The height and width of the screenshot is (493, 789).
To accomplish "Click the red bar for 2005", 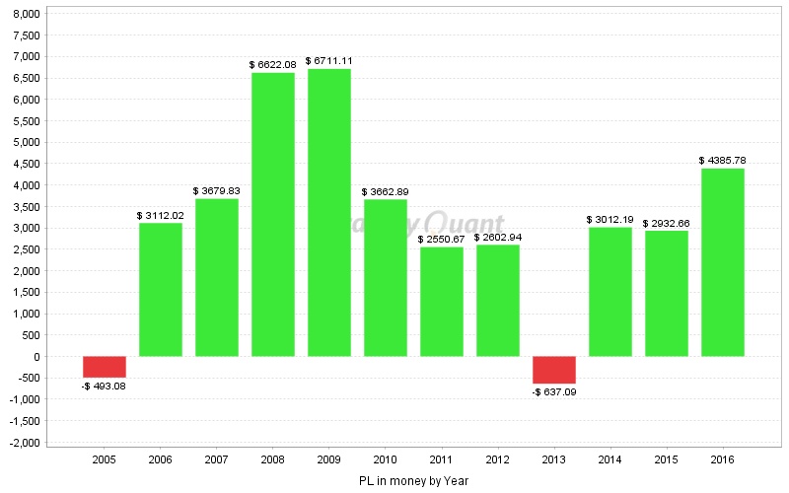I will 104,367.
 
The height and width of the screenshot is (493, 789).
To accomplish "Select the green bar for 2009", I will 328,212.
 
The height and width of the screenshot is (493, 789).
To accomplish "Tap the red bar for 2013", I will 553,370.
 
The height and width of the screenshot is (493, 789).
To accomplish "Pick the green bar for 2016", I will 722,262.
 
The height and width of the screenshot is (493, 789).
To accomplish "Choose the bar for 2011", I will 441,301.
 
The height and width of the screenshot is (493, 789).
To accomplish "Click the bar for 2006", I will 160,289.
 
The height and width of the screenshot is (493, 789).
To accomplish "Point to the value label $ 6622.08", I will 272,65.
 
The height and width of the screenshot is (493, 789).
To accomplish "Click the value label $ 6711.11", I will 328,61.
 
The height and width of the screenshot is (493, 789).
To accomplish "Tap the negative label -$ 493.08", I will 104,386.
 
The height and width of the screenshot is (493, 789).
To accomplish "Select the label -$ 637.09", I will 553,391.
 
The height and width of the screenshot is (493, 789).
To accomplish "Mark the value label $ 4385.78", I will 722,161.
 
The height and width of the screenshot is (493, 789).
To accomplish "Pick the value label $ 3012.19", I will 610,220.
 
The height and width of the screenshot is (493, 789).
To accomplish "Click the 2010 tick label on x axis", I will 385,458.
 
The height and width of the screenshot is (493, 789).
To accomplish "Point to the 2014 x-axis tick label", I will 610,458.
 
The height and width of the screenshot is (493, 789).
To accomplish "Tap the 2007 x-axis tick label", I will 216,458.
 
